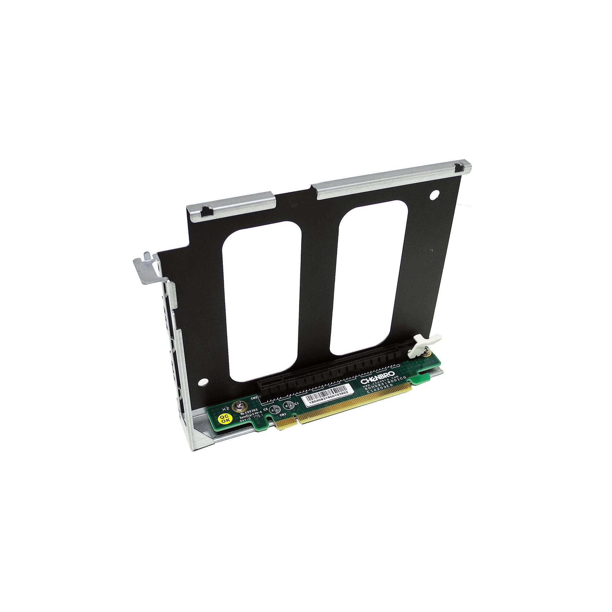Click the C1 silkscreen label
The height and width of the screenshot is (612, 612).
click(x=297, y=403)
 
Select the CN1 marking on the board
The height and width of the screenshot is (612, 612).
click(x=283, y=415)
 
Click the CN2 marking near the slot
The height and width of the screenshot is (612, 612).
click(x=254, y=397)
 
